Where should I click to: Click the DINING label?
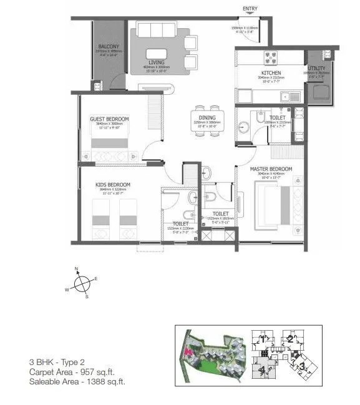pos(207,118)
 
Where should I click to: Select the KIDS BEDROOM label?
pos(114,185)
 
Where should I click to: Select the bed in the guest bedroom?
pos(110,143)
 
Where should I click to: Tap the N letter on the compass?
pos(76,269)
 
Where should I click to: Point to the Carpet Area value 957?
pos(90,371)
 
